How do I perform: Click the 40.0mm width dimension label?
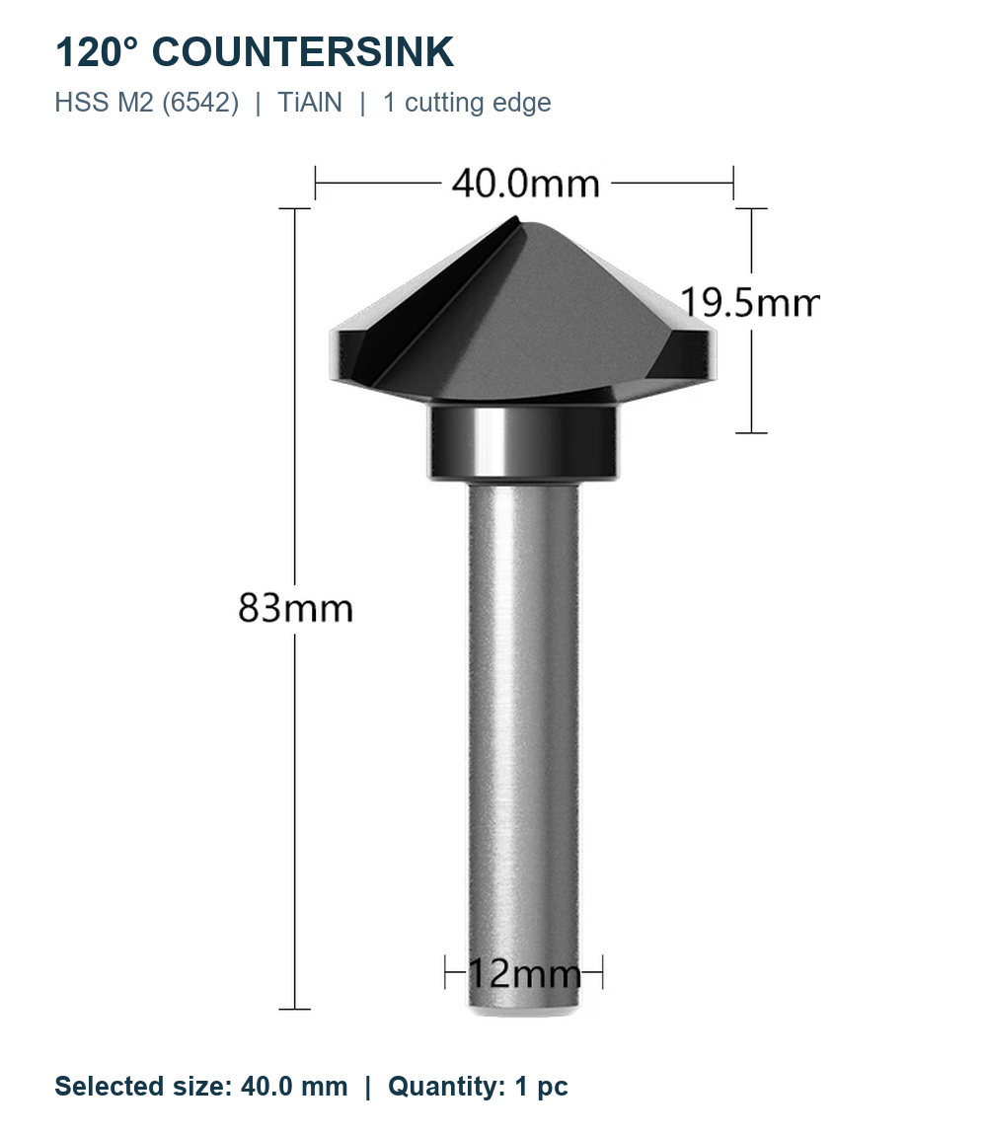(x=526, y=184)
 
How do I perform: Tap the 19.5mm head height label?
(x=749, y=302)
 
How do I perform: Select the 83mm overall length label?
(x=295, y=607)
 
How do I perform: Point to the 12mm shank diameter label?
(x=525, y=973)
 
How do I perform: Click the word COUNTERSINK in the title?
(x=303, y=52)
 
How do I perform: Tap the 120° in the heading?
(x=96, y=52)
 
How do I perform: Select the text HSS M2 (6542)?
(x=147, y=103)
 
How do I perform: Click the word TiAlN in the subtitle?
(x=310, y=102)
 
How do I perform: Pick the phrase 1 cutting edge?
(x=467, y=103)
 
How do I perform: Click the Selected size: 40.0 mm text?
(x=201, y=1087)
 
